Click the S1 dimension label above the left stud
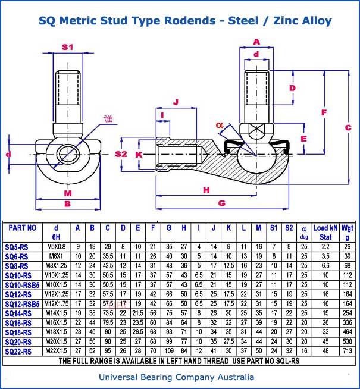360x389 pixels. [67, 46]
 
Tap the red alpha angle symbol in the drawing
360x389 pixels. [220, 125]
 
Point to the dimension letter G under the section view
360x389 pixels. [222, 203]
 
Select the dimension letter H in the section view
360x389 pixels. [206, 190]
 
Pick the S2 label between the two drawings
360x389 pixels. [121, 154]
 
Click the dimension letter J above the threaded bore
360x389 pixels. [176, 102]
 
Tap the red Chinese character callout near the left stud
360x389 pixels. [107, 119]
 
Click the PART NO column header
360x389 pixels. [23, 228]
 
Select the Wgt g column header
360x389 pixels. [346, 231]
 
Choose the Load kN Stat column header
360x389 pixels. [325, 231]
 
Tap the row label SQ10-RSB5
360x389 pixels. [22, 285]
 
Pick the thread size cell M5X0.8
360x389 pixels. [57, 247]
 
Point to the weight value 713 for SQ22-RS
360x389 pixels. [346, 351]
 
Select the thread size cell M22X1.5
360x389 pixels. [57, 351]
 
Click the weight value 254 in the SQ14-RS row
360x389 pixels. [346, 313]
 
